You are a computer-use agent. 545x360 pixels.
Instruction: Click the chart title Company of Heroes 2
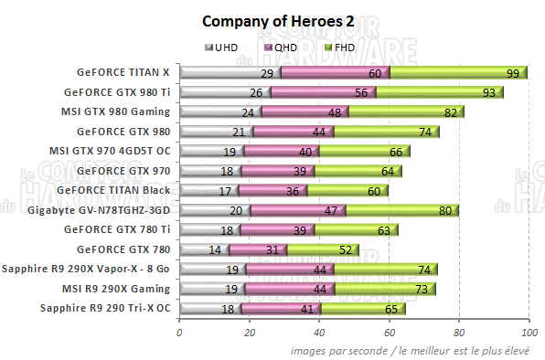(x=272, y=21)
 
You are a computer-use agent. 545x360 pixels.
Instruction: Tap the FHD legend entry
(x=337, y=48)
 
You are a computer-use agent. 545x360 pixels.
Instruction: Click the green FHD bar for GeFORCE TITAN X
(x=457, y=72)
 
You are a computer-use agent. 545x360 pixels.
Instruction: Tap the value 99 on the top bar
(x=512, y=72)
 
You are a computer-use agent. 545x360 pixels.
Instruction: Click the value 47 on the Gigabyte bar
(x=334, y=210)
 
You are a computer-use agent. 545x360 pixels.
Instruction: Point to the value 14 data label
(x=216, y=249)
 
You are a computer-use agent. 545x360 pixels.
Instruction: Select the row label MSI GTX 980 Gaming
(x=114, y=111)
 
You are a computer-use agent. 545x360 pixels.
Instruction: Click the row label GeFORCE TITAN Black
(x=112, y=190)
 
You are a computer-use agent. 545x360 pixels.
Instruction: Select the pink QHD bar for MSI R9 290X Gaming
(x=289, y=289)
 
